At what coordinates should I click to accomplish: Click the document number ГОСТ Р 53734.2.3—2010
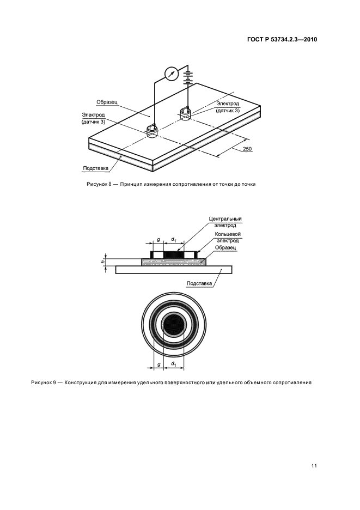[x=282, y=40]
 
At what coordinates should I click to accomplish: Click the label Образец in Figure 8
[x=107, y=102]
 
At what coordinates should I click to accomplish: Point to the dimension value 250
[x=247, y=149]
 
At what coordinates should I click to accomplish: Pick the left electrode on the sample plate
[x=151, y=131]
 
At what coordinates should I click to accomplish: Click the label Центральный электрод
[x=225, y=222]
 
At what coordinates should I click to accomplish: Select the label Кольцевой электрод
[x=228, y=238]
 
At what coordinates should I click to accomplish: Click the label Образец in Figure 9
[x=225, y=248]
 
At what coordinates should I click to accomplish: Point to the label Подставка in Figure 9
[x=199, y=283]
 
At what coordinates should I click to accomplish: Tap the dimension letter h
[x=102, y=261]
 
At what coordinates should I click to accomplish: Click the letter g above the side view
[x=158, y=240]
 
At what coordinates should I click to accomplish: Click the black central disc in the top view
[x=174, y=326]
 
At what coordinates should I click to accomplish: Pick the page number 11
[x=314, y=466]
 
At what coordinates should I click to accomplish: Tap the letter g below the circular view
[x=158, y=364]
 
